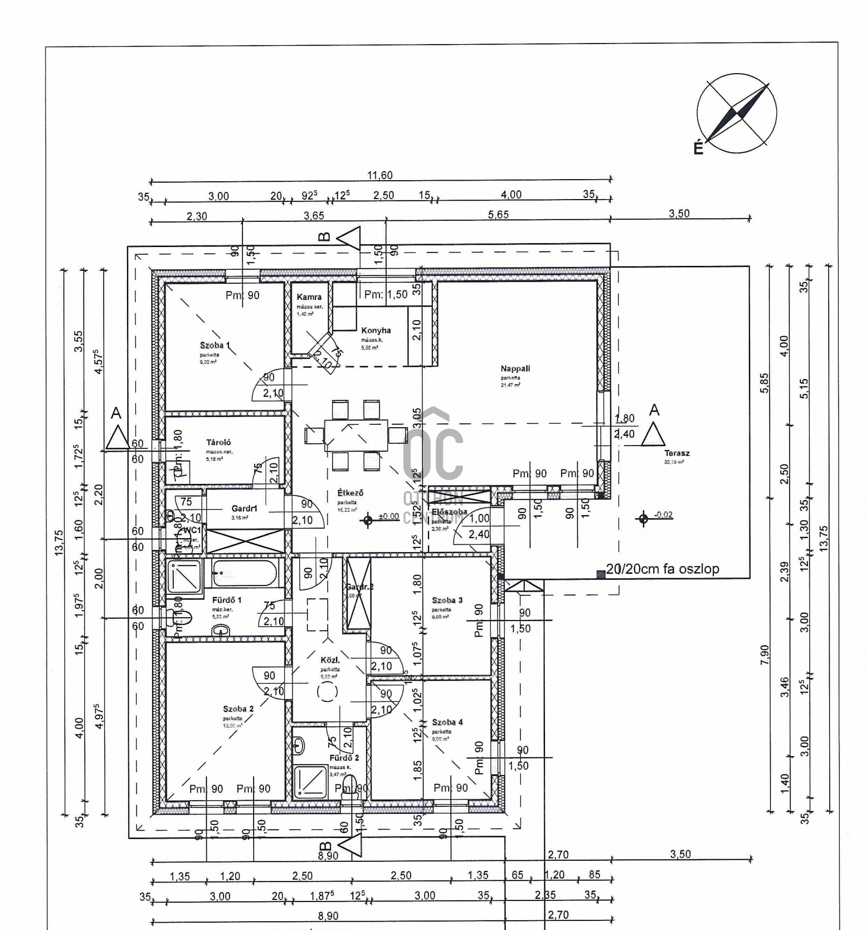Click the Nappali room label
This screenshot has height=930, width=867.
[515, 369]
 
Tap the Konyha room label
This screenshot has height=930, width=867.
[376, 331]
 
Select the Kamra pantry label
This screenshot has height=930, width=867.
[309, 297]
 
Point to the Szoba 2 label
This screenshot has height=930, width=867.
[238, 709]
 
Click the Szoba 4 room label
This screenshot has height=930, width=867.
[447, 722]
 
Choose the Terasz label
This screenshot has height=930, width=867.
[677, 453]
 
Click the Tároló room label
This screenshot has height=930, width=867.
[218, 442]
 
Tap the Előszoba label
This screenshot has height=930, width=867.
[449, 511]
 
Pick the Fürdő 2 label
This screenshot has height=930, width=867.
[344, 758]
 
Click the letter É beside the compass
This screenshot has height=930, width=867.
[698, 148]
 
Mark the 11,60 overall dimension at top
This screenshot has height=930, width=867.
[380, 175]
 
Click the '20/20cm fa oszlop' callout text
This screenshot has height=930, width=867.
[662, 569]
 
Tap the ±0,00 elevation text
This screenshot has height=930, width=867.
[389, 517]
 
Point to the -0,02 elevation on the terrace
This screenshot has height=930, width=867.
[663, 515]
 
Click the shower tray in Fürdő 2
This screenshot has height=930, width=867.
[310, 782]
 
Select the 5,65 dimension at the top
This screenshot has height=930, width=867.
[498, 215]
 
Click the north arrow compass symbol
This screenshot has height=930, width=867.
[737, 113]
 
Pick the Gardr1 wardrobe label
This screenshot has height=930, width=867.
[244, 509]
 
